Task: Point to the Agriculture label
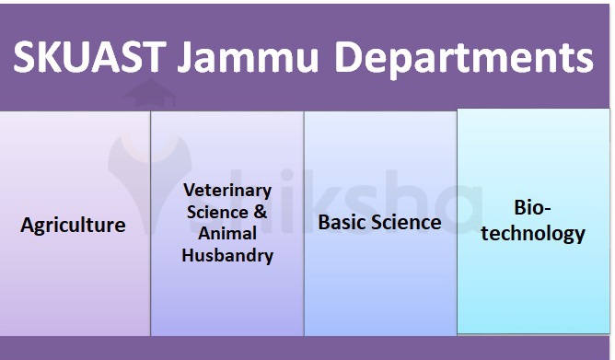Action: [73, 225]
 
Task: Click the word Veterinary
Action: [227, 191]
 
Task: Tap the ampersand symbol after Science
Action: [261, 212]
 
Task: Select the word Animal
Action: [227, 234]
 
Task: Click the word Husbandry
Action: [227, 256]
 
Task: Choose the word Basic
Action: [342, 223]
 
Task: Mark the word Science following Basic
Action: [406, 223]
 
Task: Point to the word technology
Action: [534, 233]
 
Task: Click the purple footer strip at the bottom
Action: [307, 349]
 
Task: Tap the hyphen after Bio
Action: [550, 208]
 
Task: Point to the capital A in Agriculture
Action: [28, 225]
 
